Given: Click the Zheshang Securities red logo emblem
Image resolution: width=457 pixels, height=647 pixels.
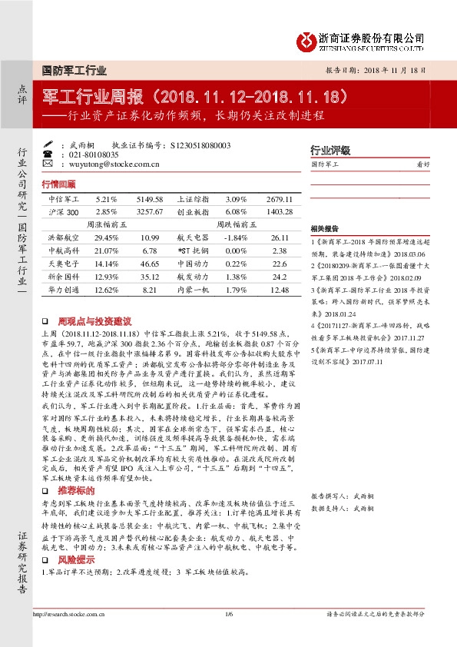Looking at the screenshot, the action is [307, 39].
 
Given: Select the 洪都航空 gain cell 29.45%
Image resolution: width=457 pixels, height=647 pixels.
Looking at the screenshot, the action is [106, 237].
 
